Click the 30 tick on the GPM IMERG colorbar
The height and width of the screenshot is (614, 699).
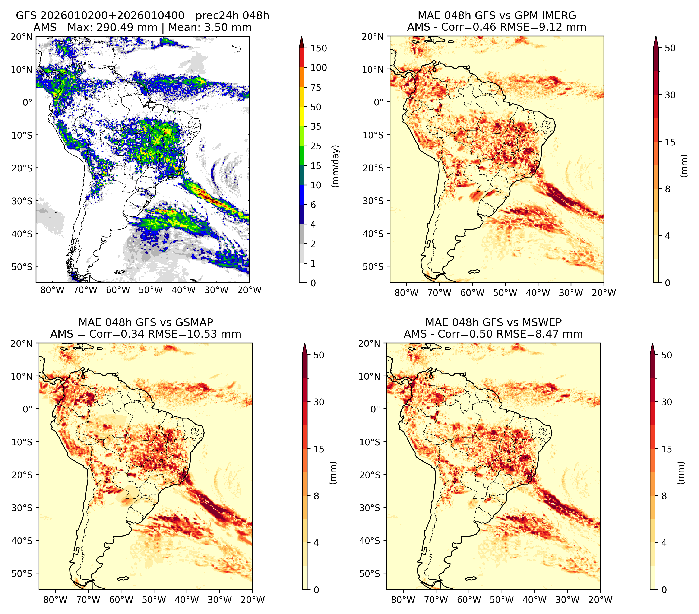point(670,95)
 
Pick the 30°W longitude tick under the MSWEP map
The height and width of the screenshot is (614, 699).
point(568,600)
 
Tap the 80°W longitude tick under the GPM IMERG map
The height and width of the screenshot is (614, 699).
point(406,293)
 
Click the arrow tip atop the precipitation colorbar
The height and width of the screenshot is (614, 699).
point(301,36)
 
